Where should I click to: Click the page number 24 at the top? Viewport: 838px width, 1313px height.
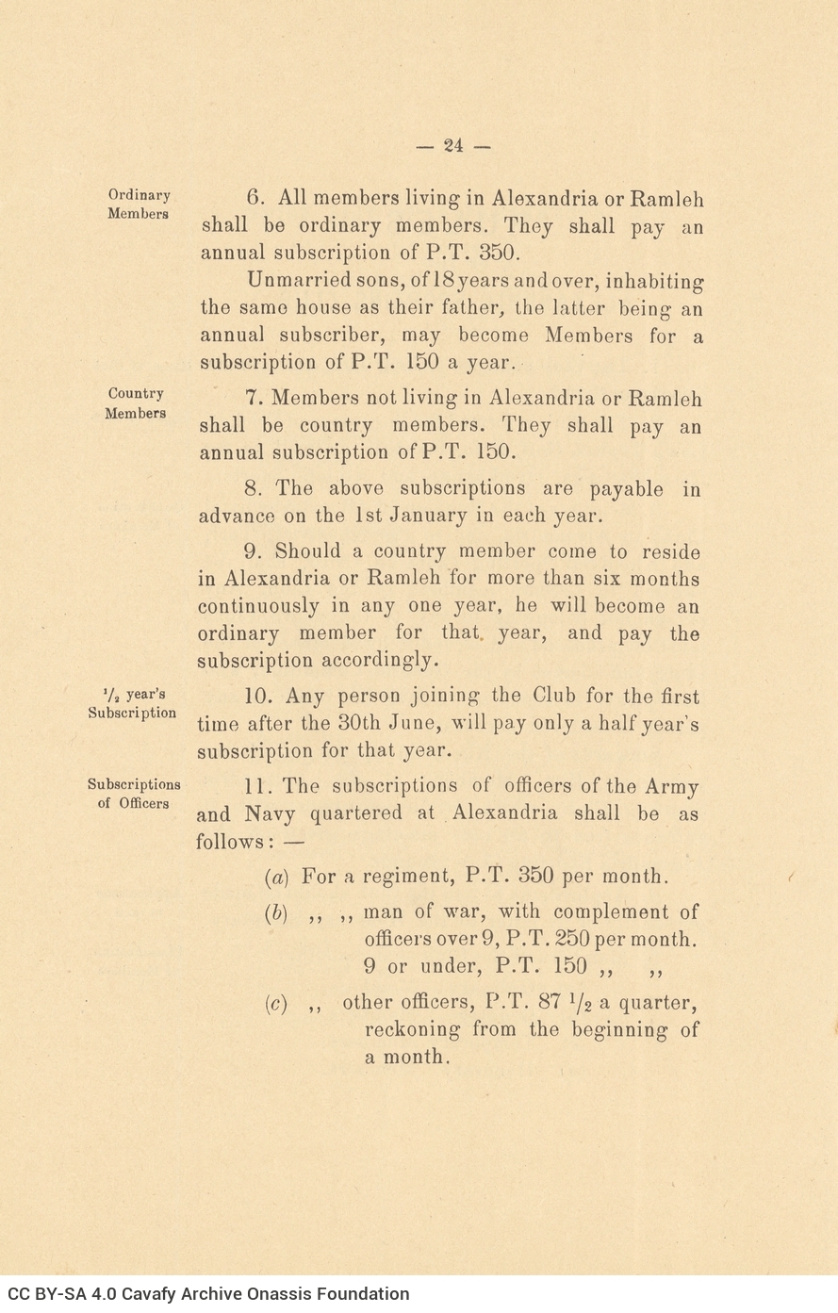(x=453, y=145)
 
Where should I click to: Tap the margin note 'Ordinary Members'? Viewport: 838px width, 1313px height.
(x=139, y=205)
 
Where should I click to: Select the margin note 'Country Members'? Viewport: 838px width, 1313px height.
(x=136, y=403)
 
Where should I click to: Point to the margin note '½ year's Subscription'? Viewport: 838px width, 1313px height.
(x=132, y=703)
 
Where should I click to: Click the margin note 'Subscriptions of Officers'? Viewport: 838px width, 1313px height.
(x=134, y=794)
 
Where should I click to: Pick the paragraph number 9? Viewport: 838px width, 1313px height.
(x=253, y=552)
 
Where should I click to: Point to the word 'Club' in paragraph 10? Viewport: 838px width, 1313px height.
(x=555, y=697)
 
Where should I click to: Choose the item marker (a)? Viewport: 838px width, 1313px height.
(x=276, y=877)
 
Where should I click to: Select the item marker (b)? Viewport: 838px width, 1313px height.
(x=276, y=912)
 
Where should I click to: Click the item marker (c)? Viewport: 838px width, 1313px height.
(x=276, y=1003)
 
